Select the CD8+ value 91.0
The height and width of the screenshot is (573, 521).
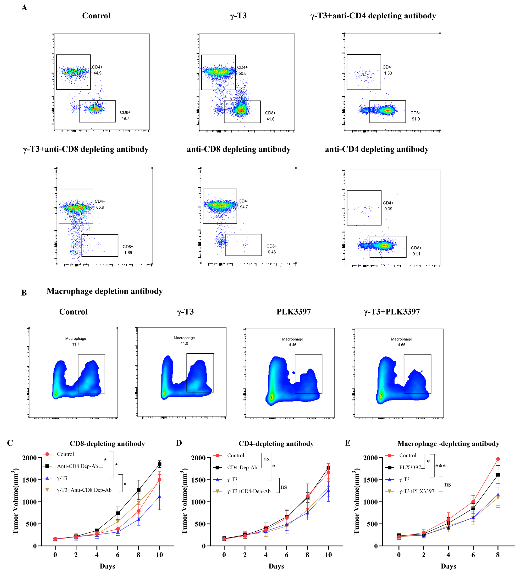[416, 119]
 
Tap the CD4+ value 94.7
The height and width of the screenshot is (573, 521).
[244, 207]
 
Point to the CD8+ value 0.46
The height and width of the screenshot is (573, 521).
[272, 252]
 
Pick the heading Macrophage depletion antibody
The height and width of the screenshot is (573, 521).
[105, 291]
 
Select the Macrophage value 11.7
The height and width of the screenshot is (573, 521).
[76, 344]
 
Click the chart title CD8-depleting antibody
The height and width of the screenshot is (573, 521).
[107, 444]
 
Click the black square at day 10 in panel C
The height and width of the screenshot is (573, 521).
[160, 464]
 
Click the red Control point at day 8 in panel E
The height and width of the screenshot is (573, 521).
[498, 459]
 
